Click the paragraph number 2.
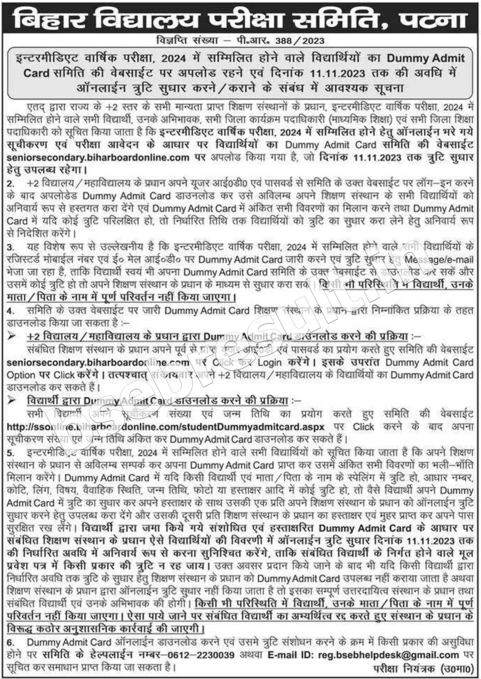tap(10, 183)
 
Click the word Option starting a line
tap(20, 375)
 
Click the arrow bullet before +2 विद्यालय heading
tap(12, 336)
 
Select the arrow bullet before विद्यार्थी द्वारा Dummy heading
tap(12, 400)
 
